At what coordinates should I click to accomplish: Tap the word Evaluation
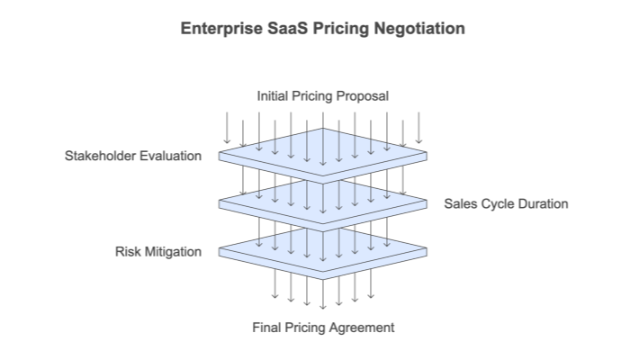(171, 156)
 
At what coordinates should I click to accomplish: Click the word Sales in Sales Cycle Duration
(460, 203)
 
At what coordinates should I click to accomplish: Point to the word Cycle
(495, 203)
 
